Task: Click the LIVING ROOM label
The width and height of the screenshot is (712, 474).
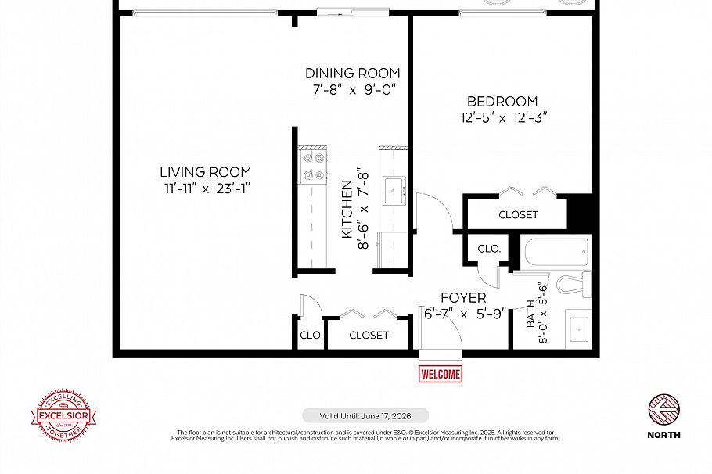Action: click(x=205, y=172)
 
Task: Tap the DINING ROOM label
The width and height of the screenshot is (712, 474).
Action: click(x=352, y=74)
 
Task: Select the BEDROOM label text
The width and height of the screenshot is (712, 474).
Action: click(x=502, y=102)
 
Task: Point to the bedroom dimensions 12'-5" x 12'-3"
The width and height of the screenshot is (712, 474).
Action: click(x=502, y=118)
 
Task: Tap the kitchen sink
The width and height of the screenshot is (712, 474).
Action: click(x=393, y=189)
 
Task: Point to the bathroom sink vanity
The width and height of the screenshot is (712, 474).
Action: click(x=580, y=329)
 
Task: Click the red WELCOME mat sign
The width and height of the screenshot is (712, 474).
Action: click(x=441, y=374)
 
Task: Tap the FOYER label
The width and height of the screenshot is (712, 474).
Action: click(x=463, y=298)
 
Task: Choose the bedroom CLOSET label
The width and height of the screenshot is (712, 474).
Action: click(x=518, y=214)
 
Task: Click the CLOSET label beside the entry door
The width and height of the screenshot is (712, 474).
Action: click(x=369, y=335)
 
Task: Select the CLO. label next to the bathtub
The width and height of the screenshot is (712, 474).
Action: click(x=489, y=249)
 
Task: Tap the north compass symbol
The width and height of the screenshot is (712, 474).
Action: click(x=663, y=408)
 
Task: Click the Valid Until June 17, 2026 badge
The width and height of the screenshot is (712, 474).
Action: click(x=365, y=415)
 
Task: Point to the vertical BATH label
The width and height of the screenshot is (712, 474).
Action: click(x=530, y=313)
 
